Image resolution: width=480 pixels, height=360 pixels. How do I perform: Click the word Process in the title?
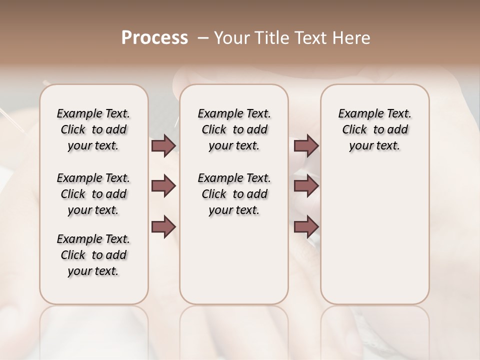[154, 38]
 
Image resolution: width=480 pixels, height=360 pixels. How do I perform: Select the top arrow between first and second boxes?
[163, 146]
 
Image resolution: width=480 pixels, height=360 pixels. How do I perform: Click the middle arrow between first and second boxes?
[163, 186]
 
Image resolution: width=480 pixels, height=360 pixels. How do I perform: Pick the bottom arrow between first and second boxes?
[163, 226]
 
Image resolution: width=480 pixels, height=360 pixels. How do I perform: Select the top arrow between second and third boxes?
[306, 146]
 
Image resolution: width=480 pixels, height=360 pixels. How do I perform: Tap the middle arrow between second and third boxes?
[306, 186]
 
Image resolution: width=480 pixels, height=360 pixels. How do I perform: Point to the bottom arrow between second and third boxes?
[306, 226]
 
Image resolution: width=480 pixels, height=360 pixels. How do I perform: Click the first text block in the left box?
[93, 129]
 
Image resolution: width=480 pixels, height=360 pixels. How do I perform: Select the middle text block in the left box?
[93, 194]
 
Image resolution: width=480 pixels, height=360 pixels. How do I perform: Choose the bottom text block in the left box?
[93, 255]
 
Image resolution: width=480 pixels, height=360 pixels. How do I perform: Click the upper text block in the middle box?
[234, 129]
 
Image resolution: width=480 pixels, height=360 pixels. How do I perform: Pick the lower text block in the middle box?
[234, 194]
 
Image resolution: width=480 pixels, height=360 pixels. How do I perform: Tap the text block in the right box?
[374, 129]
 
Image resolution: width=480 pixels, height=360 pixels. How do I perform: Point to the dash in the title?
[203, 38]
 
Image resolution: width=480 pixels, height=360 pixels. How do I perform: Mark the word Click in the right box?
[354, 130]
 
